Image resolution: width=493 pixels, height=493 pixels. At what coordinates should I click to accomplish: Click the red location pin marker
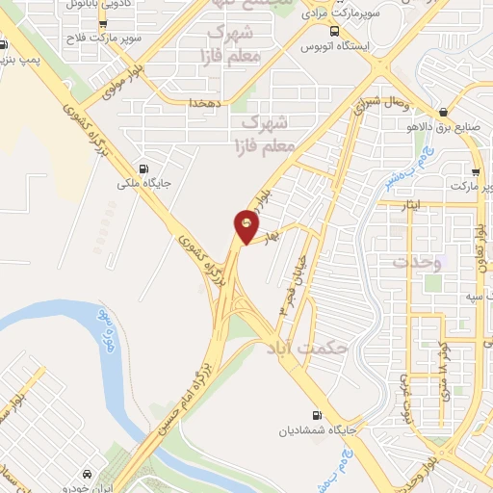[x=246, y=227]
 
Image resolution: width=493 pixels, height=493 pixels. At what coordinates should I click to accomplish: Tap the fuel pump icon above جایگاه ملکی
[x=143, y=164]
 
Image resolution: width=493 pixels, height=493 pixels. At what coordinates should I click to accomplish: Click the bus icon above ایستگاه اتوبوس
[x=334, y=31]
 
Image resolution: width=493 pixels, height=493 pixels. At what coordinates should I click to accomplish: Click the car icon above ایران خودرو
[x=88, y=474]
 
